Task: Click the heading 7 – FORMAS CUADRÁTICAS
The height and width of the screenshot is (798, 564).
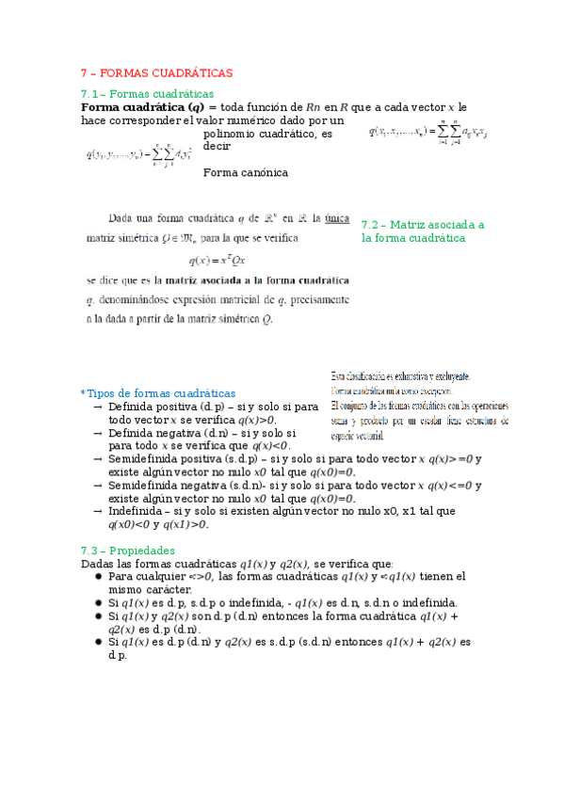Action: (x=156, y=72)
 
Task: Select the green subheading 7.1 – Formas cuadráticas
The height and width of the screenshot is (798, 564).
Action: (x=148, y=93)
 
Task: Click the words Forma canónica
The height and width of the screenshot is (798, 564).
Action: (x=246, y=172)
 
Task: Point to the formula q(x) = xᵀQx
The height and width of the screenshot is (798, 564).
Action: (x=218, y=260)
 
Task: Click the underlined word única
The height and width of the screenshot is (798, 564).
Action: (x=337, y=218)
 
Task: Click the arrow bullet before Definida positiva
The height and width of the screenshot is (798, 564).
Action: (x=99, y=407)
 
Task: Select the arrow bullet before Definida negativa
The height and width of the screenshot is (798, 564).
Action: (x=99, y=433)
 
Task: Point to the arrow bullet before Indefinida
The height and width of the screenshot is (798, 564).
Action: (x=99, y=511)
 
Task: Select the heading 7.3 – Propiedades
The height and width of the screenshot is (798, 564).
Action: (x=127, y=550)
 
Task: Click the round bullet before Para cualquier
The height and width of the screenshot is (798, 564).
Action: (x=99, y=576)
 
